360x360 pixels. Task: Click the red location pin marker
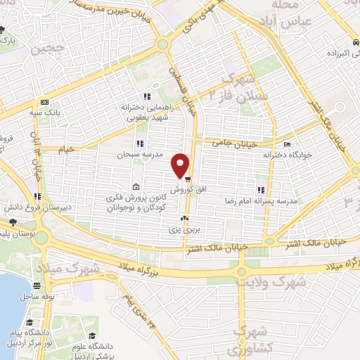tap(181, 165)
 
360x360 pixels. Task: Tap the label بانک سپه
tap(43, 112)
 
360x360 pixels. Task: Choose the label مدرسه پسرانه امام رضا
tap(288, 200)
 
